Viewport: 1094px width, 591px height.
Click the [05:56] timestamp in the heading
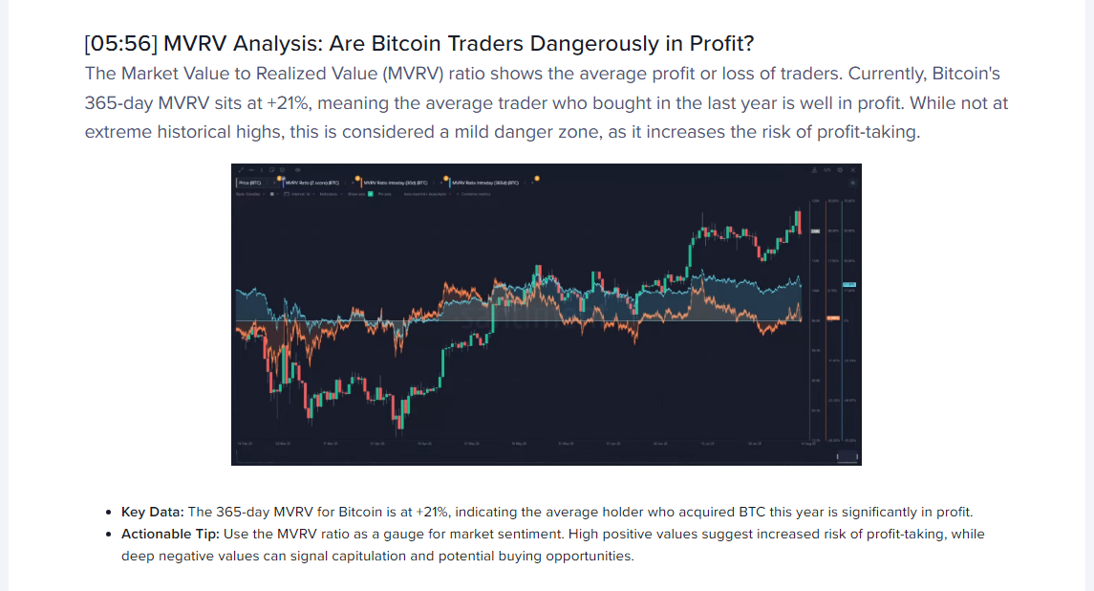[119, 44]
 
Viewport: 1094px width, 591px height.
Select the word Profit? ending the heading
[722, 44]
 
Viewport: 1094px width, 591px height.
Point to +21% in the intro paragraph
[277, 102]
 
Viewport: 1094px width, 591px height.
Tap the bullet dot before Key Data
[112, 513]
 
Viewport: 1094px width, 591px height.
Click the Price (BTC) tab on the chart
[250, 182]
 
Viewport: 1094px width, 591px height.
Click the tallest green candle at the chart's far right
[797, 222]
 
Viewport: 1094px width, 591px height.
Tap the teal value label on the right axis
[848, 284]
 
